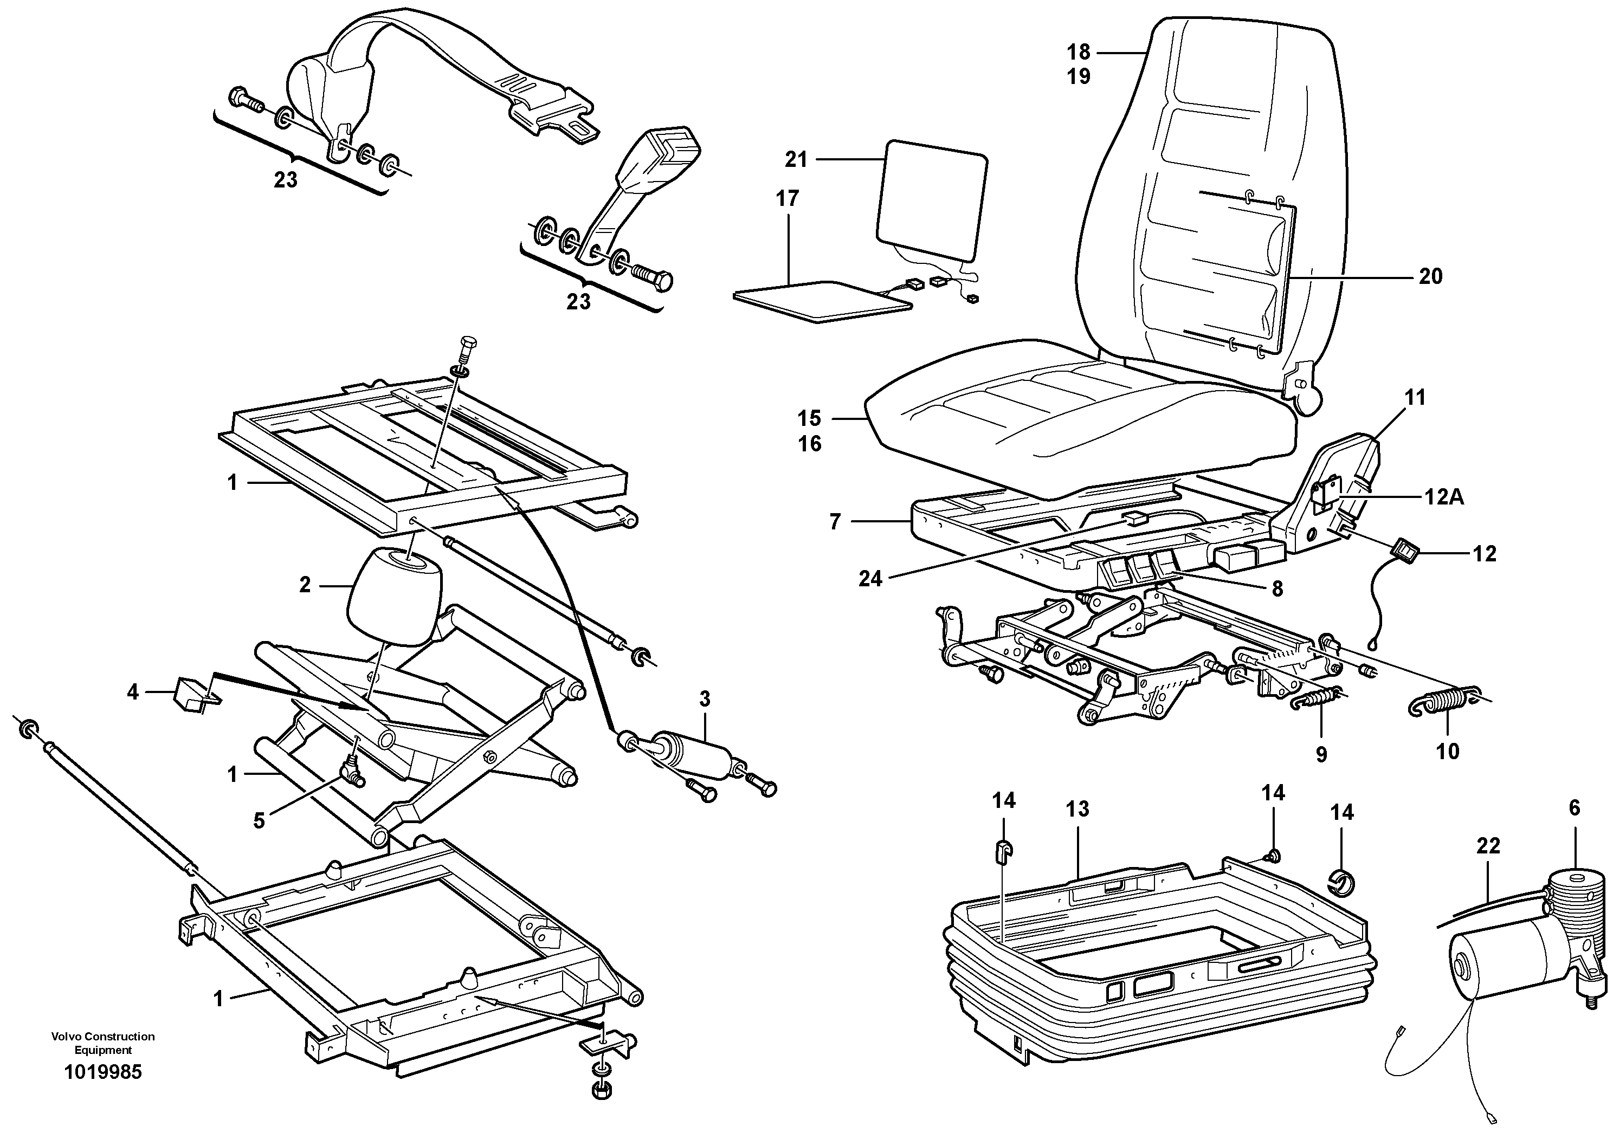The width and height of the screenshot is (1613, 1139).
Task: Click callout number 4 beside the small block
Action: coord(133,693)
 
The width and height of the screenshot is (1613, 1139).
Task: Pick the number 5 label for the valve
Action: coord(259,820)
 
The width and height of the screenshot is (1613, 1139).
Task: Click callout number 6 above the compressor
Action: coord(1575,808)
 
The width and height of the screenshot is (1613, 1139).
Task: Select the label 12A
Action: coord(1444,496)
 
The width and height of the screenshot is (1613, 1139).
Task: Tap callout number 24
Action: coord(870,579)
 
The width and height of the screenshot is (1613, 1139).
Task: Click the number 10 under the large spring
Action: coord(1447,752)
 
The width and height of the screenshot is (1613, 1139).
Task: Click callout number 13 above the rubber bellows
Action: coord(1077,809)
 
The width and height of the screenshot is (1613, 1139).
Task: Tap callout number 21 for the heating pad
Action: coord(796,160)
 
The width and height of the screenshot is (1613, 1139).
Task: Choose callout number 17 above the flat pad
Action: coord(788,199)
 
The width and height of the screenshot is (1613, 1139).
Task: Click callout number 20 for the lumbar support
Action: coord(1430,276)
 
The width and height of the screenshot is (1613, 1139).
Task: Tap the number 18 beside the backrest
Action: coord(1079,51)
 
